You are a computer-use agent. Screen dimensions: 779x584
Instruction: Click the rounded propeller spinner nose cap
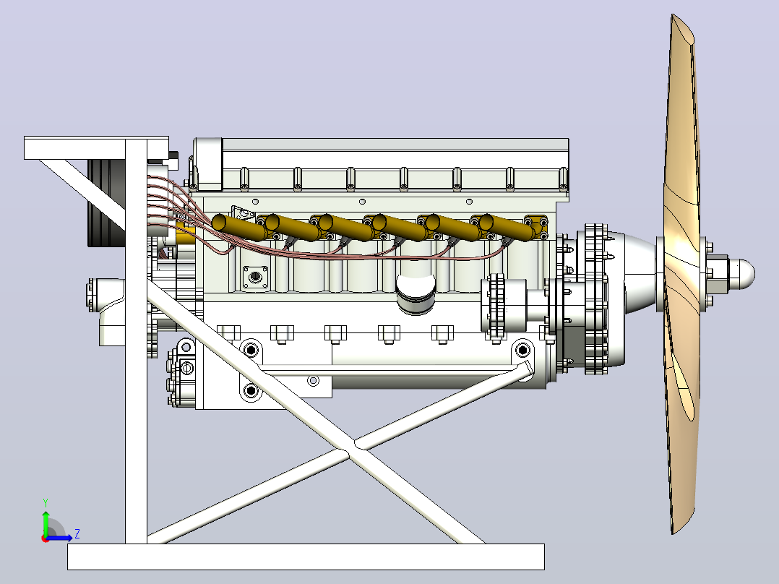[742, 273]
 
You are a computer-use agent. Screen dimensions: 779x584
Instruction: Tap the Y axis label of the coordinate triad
[46, 502]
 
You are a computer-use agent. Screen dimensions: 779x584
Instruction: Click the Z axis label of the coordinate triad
[77, 534]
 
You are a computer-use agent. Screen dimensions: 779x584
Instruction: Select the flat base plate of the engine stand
[306, 557]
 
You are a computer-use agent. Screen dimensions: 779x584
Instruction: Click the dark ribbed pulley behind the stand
[106, 202]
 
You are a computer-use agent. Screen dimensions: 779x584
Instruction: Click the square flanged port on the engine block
[256, 277]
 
